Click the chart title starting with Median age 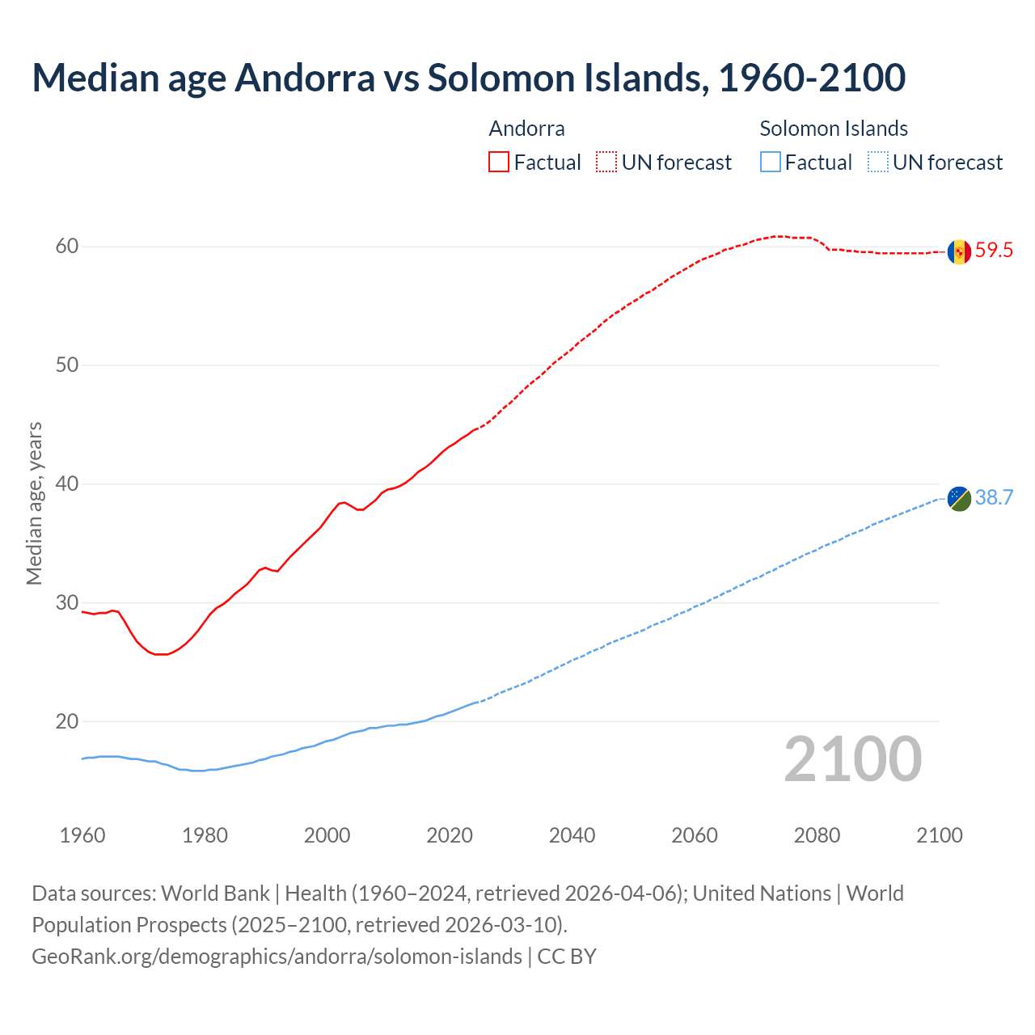pyautogui.click(x=468, y=78)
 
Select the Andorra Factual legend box pyautogui.click(x=499, y=163)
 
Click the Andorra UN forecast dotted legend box pyautogui.click(x=606, y=163)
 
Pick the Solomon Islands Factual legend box pyautogui.click(x=771, y=163)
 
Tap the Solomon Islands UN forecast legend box pyautogui.click(x=878, y=163)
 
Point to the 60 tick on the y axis pyautogui.click(x=67, y=247)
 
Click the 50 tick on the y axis pyautogui.click(x=67, y=365)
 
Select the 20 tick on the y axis pyautogui.click(x=67, y=721)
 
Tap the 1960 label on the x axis pyautogui.click(x=82, y=835)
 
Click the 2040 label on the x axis pyautogui.click(x=572, y=835)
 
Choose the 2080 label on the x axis pyautogui.click(x=817, y=835)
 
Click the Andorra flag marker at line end pyautogui.click(x=959, y=252)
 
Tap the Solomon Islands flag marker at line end pyautogui.click(x=959, y=499)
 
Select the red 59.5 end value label pyautogui.click(x=994, y=251)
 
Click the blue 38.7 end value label pyautogui.click(x=994, y=498)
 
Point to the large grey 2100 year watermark pyautogui.click(x=852, y=759)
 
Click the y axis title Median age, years pyautogui.click(x=34, y=503)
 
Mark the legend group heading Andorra pyautogui.click(x=526, y=129)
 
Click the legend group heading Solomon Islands pyautogui.click(x=834, y=129)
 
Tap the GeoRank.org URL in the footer pyautogui.click(x=277, y=957)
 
